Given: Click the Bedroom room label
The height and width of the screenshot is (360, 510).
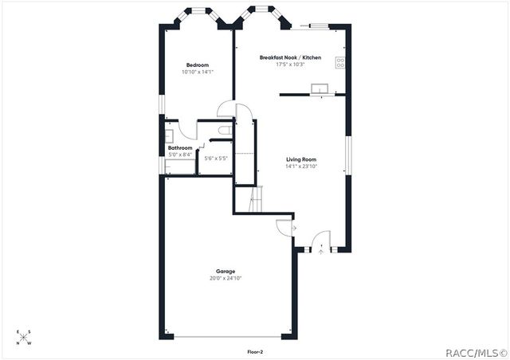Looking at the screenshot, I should [x=198, y=65].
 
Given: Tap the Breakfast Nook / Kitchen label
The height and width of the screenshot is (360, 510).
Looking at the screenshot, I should [x=290, y=57].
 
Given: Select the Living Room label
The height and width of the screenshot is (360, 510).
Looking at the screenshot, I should [x=301, y=159].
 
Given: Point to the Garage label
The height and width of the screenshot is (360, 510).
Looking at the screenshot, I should [x=226, y=272].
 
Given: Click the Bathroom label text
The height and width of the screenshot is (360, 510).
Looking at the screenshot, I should [x=180, y=148].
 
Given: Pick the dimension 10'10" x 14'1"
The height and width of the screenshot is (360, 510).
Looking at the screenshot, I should [x=198, y=72].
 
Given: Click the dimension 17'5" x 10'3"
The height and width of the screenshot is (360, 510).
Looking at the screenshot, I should [x=290, y=65].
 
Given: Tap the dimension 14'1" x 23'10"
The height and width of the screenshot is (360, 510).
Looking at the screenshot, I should [x=301, y=166].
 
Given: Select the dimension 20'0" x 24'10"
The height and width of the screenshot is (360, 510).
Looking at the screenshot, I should [x=226, y=279].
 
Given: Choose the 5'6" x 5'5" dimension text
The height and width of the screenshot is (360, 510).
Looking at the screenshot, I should [x=216, y=158].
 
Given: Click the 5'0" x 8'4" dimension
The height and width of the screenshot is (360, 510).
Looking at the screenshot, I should [x=180, y=155].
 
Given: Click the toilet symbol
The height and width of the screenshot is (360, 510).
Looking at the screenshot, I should [x=226, y=129].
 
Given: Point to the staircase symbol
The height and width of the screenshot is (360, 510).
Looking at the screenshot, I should [x=253, y=198].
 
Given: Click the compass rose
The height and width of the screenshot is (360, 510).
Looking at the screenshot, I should [x=25, y=338].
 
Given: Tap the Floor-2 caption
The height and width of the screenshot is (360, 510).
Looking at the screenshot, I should [x=256, y=350].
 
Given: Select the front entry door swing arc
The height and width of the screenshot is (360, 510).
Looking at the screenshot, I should [x=320, y=240].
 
